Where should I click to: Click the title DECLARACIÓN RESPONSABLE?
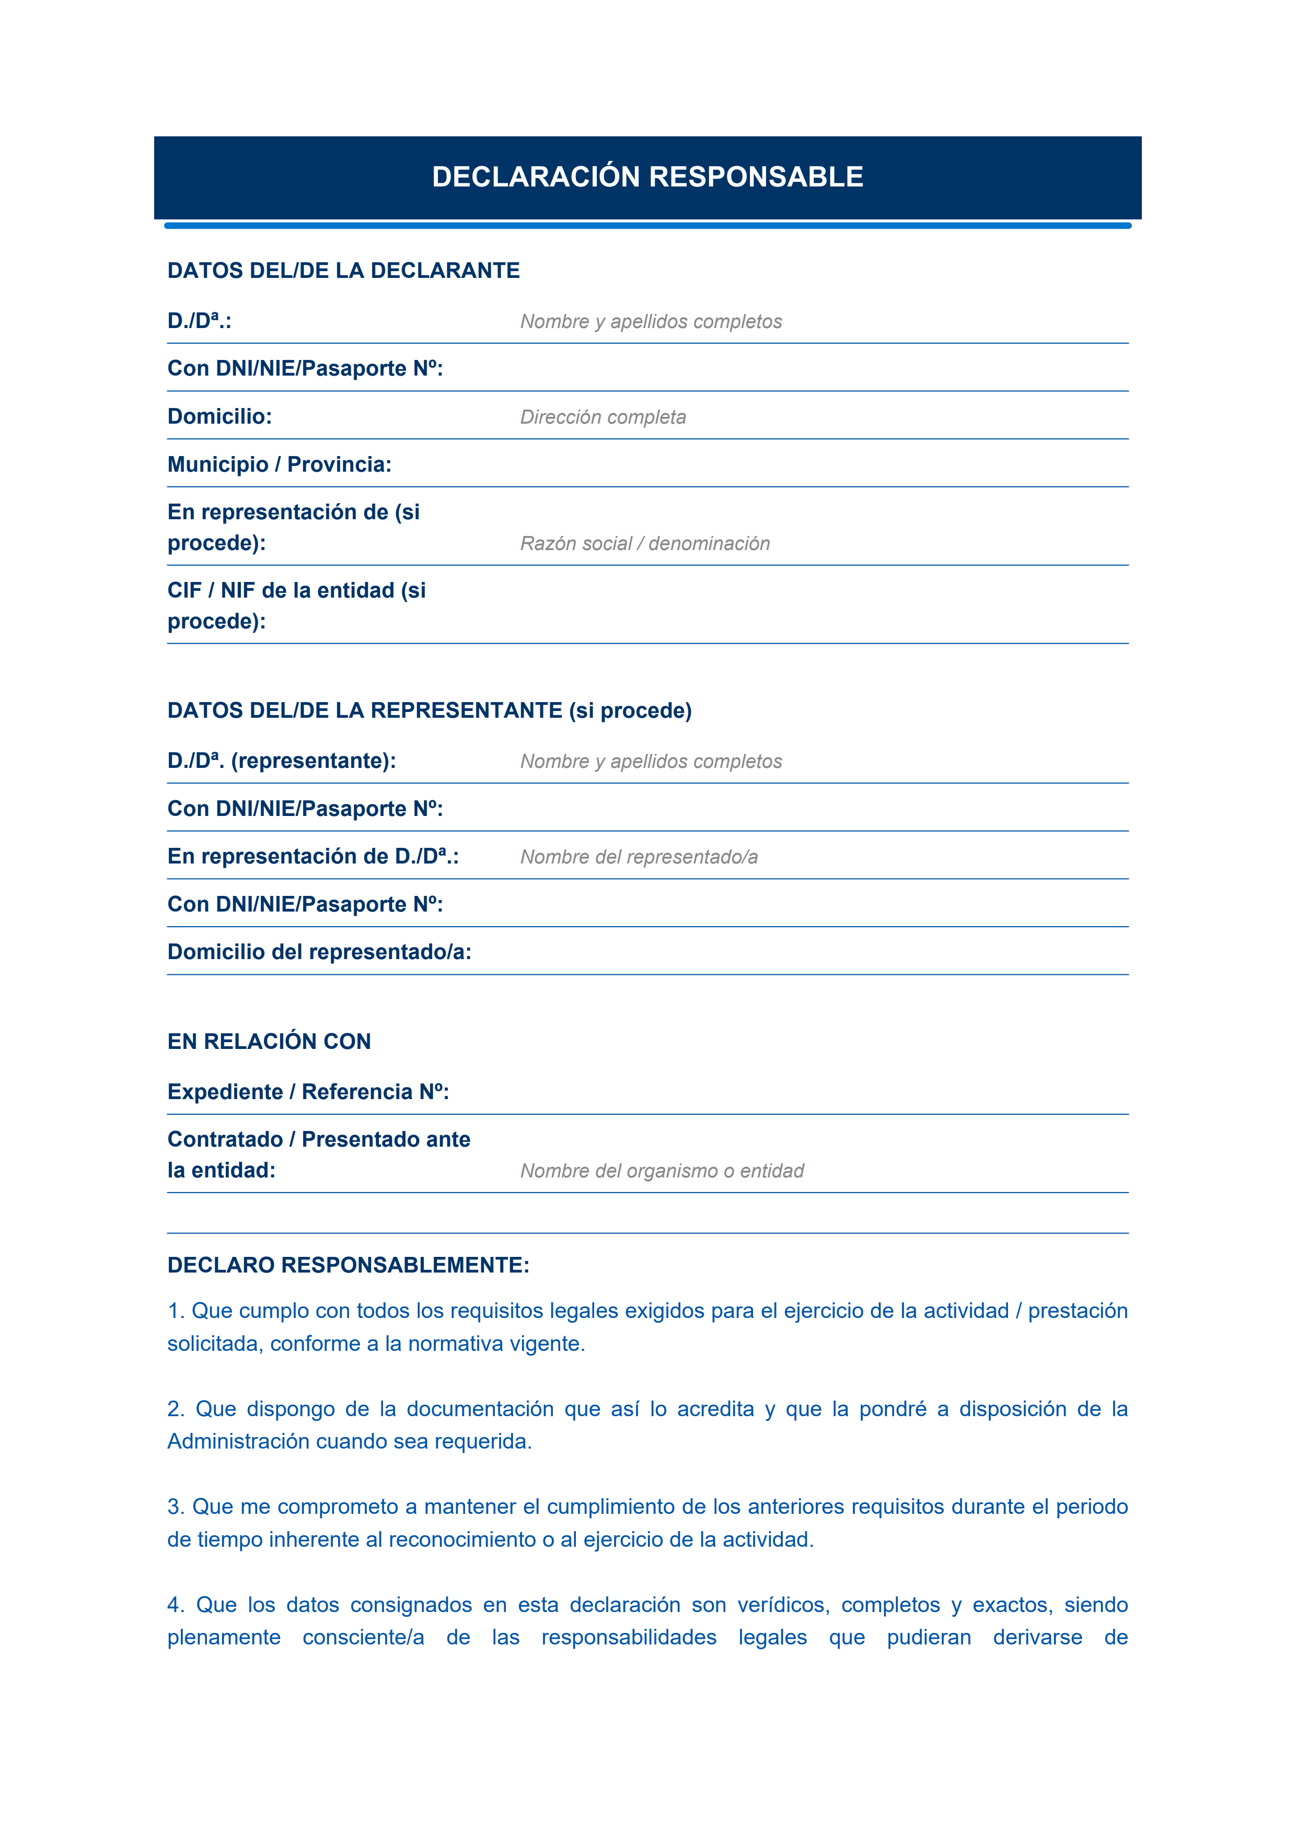(647, 177)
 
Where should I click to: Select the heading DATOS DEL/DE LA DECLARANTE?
(343, 271)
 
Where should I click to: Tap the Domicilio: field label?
(219, 416)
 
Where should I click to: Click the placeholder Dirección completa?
(603, 417)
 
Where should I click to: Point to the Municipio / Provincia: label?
(279, 464)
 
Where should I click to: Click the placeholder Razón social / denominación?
(645, 543)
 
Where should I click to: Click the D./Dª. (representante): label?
(282, 761)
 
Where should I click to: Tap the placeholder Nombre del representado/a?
(639, 857)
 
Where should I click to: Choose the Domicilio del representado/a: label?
(319, 952)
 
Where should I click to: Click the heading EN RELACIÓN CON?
(269, 1041)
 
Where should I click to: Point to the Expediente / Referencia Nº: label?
(308, 1092)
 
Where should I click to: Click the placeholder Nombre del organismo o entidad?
(662, 1171)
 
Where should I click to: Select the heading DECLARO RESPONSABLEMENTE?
(348, 1265)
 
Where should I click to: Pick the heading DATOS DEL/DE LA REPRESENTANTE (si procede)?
(430, 710)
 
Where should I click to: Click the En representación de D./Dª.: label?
(313, 856)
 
